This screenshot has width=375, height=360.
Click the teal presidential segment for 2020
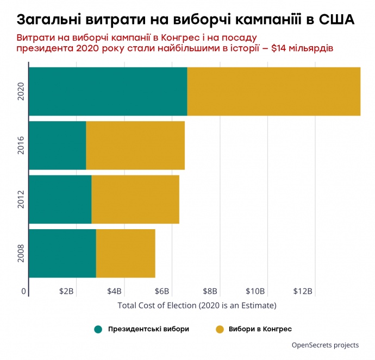coord(108,91)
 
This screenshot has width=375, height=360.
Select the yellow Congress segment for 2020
coord(273,91)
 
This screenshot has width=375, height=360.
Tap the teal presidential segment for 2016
coord(57,145)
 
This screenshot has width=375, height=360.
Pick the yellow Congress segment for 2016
coord(135,145)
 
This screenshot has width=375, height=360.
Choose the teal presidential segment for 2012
coord(60,199)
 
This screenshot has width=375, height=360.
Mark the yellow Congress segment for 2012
coord(135,199)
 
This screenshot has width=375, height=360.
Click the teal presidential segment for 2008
coord(62,254)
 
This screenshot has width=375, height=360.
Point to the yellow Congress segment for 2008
coord(126,254)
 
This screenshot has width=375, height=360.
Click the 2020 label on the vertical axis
coord(21,92)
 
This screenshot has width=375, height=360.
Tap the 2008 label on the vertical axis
coord(21,254)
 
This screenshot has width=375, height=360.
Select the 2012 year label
coord(21,199)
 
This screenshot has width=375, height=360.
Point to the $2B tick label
coord(66,292)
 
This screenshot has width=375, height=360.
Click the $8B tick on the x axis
coord(210,292)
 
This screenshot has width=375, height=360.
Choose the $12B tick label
coord(302,292)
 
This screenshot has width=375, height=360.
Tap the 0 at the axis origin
coord(24,292)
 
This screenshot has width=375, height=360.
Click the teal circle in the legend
coord(98,329)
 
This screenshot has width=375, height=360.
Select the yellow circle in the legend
coord(220,329)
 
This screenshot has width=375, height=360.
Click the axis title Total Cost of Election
coord(197,305)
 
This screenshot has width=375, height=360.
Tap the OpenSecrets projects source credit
coord(325,345)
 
